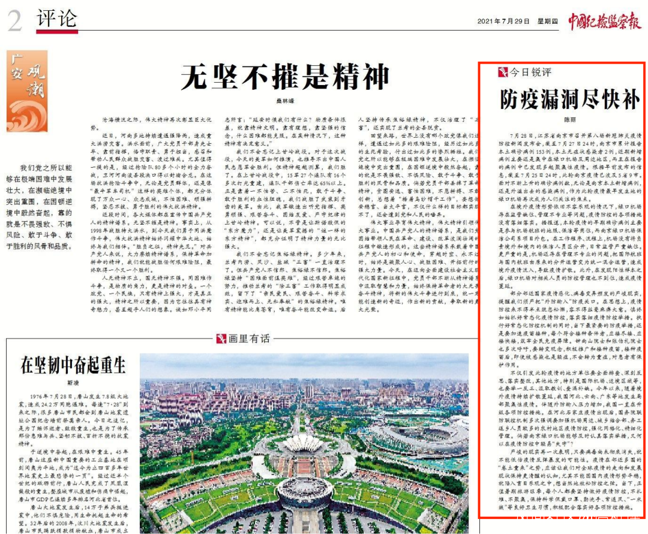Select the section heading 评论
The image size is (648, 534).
tap(56, 19)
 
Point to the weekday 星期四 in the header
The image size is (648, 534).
tap(547, 22)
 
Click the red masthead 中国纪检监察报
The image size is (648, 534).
tap(604, 20)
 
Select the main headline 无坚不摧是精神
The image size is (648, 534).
tap(285, 76)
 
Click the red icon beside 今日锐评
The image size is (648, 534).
tap(503, 73)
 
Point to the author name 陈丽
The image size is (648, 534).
tap(562, 120)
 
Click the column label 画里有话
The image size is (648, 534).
tap(249, 339)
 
